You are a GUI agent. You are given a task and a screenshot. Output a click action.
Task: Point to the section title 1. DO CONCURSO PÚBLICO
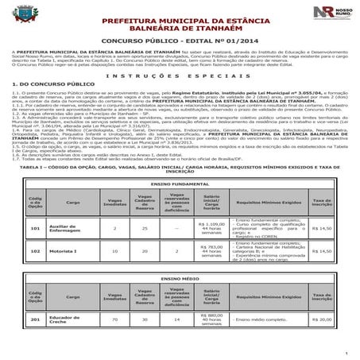pos(47,83)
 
